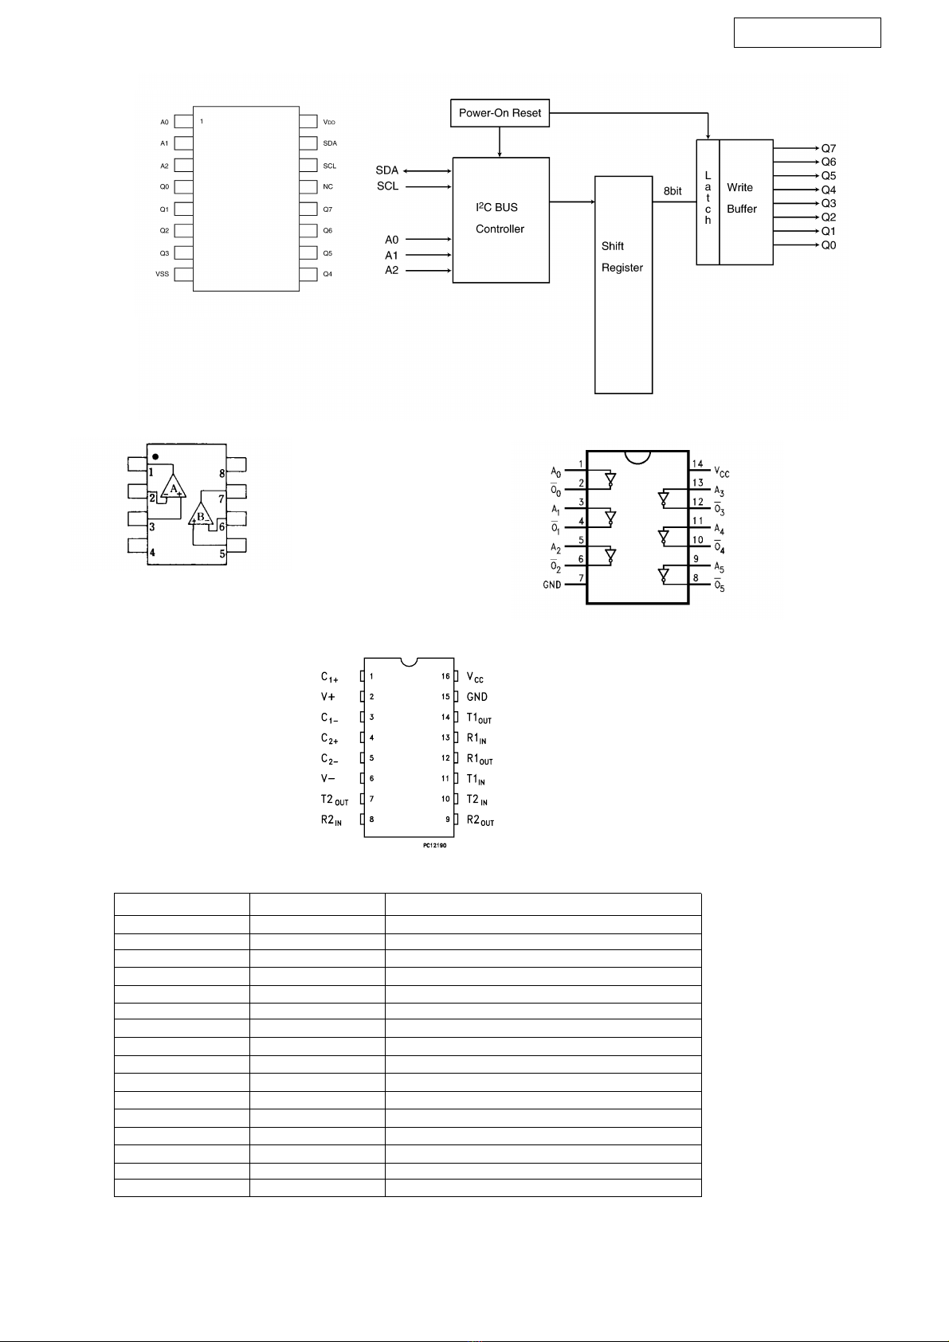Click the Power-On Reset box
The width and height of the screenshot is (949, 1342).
click(500, 113)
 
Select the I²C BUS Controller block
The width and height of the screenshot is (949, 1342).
click(500, 220)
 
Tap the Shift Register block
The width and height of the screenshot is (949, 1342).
click(623, 284)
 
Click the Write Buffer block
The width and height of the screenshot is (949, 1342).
click(746, 202)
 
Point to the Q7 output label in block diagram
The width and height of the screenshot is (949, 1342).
click(829, 148)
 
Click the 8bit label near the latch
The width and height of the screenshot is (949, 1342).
click(673, 191)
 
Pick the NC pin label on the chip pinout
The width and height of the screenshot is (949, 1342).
click(328, 187)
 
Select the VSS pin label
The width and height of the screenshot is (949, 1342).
click(162, 274)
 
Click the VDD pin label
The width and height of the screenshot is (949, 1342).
click(329, 122)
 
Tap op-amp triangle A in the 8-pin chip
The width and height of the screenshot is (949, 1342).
click(173, 487)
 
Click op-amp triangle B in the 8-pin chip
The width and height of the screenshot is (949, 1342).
click(201, 514)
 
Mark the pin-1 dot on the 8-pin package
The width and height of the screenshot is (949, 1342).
click(155, 456)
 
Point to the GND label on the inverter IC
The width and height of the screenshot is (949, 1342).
click(552, 584)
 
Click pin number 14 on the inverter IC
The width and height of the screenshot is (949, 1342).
click(697, 464)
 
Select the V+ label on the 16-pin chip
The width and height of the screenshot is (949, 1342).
click(328, 697)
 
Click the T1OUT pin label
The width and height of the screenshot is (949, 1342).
click(479, 718)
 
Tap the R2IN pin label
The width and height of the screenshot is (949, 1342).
click(331, 820)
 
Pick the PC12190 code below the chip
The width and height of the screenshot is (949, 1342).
click(434, 845)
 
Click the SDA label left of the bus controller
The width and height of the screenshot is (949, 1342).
click(387, 170)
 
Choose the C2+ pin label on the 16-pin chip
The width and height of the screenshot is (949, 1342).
click(329, 739)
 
